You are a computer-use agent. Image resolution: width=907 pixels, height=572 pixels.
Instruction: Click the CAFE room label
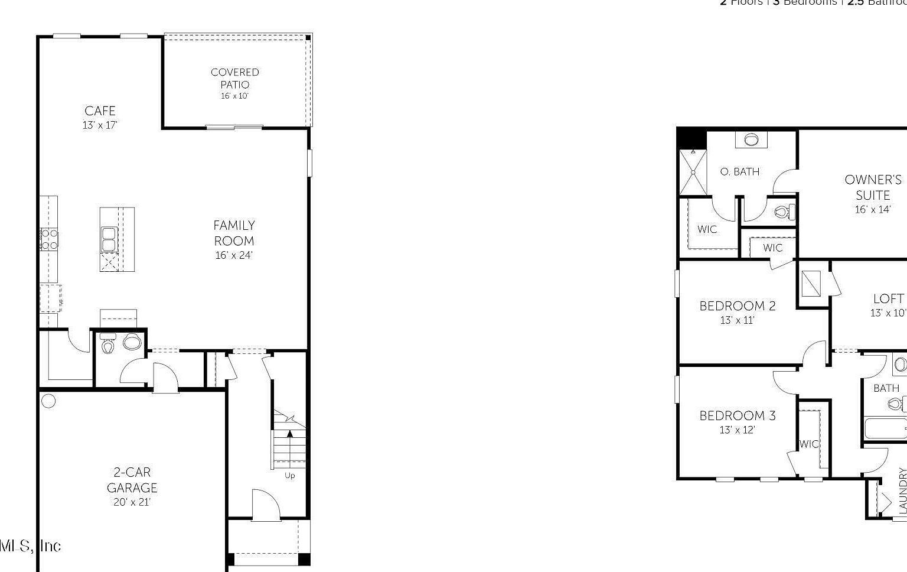[100, 111]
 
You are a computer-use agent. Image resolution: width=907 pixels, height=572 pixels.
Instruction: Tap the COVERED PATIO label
[235, 78]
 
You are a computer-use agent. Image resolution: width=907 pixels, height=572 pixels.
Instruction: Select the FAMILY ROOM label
[234, 233]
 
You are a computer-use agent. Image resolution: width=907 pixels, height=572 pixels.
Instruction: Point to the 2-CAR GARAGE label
[132, 480]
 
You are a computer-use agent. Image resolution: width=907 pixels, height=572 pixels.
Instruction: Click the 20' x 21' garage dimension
[132, 502]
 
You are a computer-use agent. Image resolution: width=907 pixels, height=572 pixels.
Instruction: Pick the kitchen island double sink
[109, 239]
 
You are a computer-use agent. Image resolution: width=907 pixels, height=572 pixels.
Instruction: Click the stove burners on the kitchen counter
[50, 239]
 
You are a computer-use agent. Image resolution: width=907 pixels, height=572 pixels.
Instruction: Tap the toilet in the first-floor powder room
[107, 344]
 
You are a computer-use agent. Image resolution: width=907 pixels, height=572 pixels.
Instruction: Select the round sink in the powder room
[132, 342]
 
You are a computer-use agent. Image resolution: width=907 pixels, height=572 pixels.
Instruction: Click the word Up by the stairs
[289, 475]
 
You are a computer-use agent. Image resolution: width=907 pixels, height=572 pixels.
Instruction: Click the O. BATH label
[740, 172]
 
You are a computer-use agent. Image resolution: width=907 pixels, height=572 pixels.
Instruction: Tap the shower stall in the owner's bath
[693, 173]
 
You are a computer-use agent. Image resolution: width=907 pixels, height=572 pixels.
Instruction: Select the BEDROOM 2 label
[738, 306]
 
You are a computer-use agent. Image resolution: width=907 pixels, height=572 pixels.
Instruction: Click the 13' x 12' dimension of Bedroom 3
[737, 430]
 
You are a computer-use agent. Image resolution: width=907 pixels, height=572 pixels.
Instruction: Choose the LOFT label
[888, 299]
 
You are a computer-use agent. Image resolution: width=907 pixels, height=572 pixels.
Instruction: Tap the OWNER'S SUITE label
[873, 187]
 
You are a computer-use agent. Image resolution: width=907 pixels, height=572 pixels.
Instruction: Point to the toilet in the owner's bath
[784, 212]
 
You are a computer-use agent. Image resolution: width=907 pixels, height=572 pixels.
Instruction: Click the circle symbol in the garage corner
[49, 401]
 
